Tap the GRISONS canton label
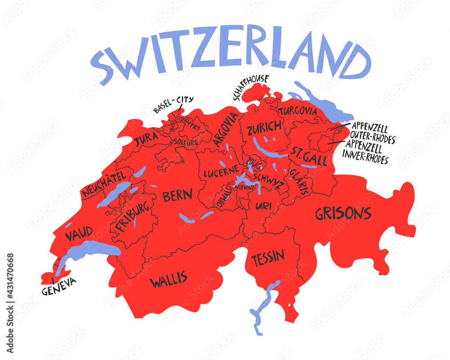(343, 213)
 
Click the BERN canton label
(177, 196)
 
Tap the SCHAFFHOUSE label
(250, 87)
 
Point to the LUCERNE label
(220, 172)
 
